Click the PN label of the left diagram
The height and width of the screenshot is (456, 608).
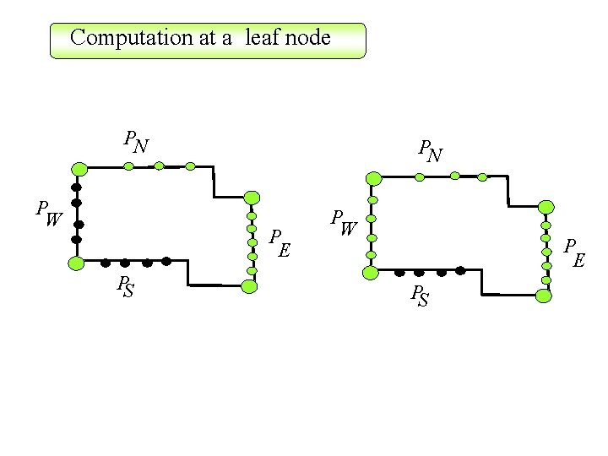pos(136,142)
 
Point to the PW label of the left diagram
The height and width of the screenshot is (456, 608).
pos(47,214)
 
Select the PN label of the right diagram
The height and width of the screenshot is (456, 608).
pos(431,151)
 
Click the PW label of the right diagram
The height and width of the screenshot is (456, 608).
pos(344,221)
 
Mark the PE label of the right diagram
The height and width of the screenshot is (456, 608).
pos(575,251)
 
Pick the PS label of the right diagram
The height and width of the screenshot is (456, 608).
pos(419,296)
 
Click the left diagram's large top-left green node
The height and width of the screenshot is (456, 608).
pos(79,167)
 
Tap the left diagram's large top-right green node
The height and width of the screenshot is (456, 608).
pos(252,198)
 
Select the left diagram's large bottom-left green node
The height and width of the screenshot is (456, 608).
pos(76,263)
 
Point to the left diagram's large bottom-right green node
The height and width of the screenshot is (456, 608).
pos(249,286)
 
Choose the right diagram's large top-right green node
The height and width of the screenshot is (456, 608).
pos(546,207)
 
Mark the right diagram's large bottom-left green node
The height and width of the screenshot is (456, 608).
pos(370,272)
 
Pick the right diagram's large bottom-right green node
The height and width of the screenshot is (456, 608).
pos(544,296)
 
